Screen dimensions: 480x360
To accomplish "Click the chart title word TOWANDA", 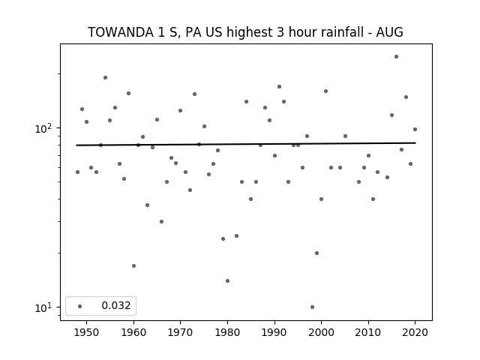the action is (121, 32).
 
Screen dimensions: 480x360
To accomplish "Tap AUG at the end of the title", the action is (389, 32).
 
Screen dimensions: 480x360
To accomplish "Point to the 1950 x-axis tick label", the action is (87, 332).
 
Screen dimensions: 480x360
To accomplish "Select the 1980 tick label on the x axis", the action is (227, 332).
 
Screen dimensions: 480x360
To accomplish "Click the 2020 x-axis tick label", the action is (415, 332).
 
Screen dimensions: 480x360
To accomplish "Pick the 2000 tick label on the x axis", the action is (322, 332).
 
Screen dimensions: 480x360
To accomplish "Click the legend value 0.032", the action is (116, 305).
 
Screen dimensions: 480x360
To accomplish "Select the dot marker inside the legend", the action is (80, 306).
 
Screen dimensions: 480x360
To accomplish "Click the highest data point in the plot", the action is (397, 57).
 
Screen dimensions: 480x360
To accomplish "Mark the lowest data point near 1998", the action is (312, 307).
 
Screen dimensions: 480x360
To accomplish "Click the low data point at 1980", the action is (227, 280).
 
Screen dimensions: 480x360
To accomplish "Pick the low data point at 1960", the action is (133, 265).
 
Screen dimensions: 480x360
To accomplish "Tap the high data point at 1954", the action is (105, 78).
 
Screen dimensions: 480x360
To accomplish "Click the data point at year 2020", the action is (415, 130).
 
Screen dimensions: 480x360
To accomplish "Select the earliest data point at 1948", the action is (77, 172).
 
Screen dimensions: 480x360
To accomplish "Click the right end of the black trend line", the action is (415, 142).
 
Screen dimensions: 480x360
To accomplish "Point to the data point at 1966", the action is (162, 222).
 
